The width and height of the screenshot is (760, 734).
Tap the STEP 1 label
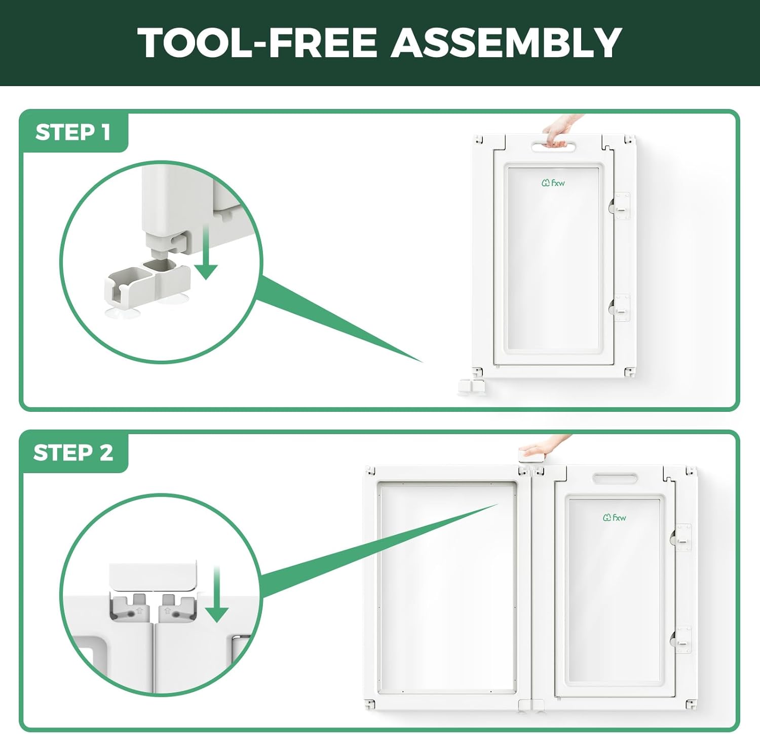[x=73, y=132]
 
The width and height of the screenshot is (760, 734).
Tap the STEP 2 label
[x=73, y=452]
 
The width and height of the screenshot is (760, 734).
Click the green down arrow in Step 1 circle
[x=206, y=252]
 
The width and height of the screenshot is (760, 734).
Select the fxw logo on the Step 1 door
[x=553, y=183]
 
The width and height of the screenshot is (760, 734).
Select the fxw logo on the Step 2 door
[x=614, y=517]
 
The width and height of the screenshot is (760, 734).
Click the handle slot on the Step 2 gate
[x=615, y=478]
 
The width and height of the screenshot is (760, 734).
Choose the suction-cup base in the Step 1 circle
[x=147, y=289]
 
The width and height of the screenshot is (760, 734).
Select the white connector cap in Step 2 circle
[x=153, y=576]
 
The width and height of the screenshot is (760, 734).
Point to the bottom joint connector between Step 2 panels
[x=531, y=705]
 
